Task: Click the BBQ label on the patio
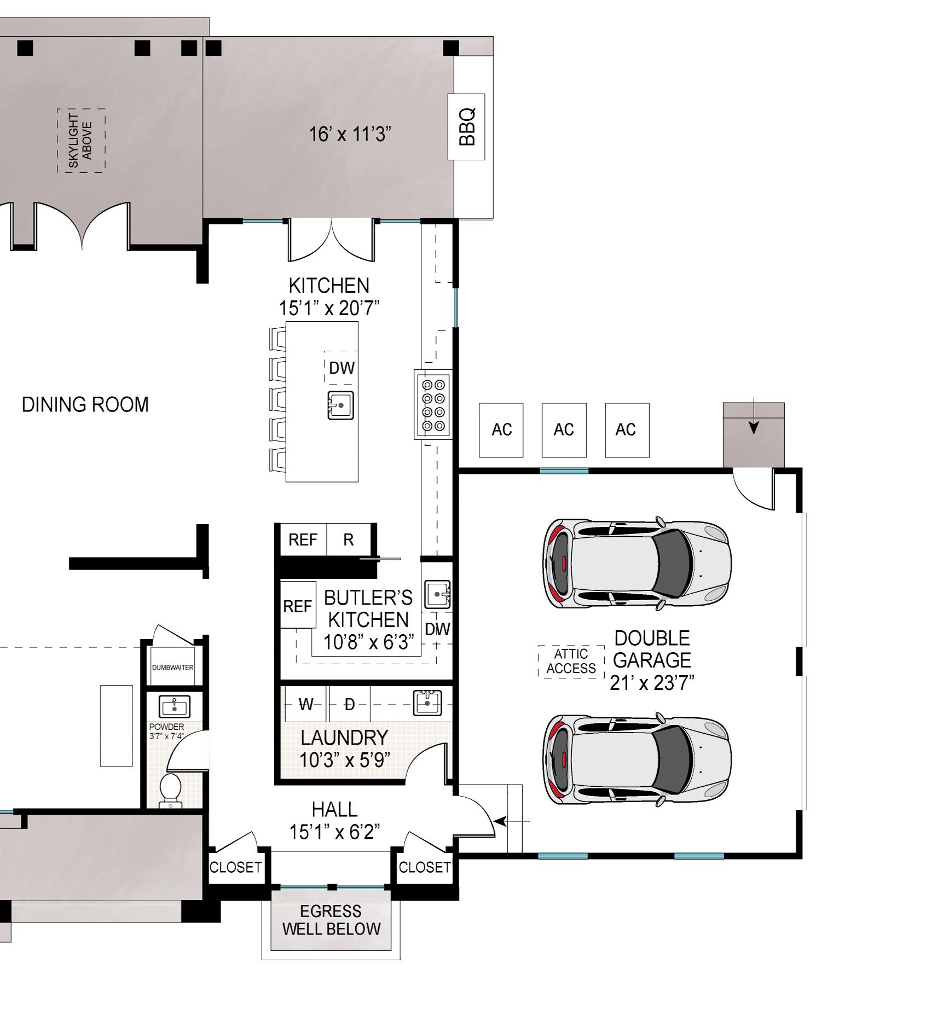(466, 127)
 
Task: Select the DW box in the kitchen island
(342, 368)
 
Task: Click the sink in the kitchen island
(340, 405)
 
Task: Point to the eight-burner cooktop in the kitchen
(433, 404)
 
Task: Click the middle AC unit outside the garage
(564, 430)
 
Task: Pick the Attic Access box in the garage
(571, 661)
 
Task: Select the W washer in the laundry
(306, 704)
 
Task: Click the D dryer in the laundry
(350, 704)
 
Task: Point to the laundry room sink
(427, 703)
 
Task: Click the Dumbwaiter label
(172, 668)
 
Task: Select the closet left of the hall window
(235, 867)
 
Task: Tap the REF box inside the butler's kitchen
(298, 605)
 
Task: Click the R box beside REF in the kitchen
(349, 539)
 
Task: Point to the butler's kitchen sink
(438, 594)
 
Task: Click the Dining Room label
(85, 405)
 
